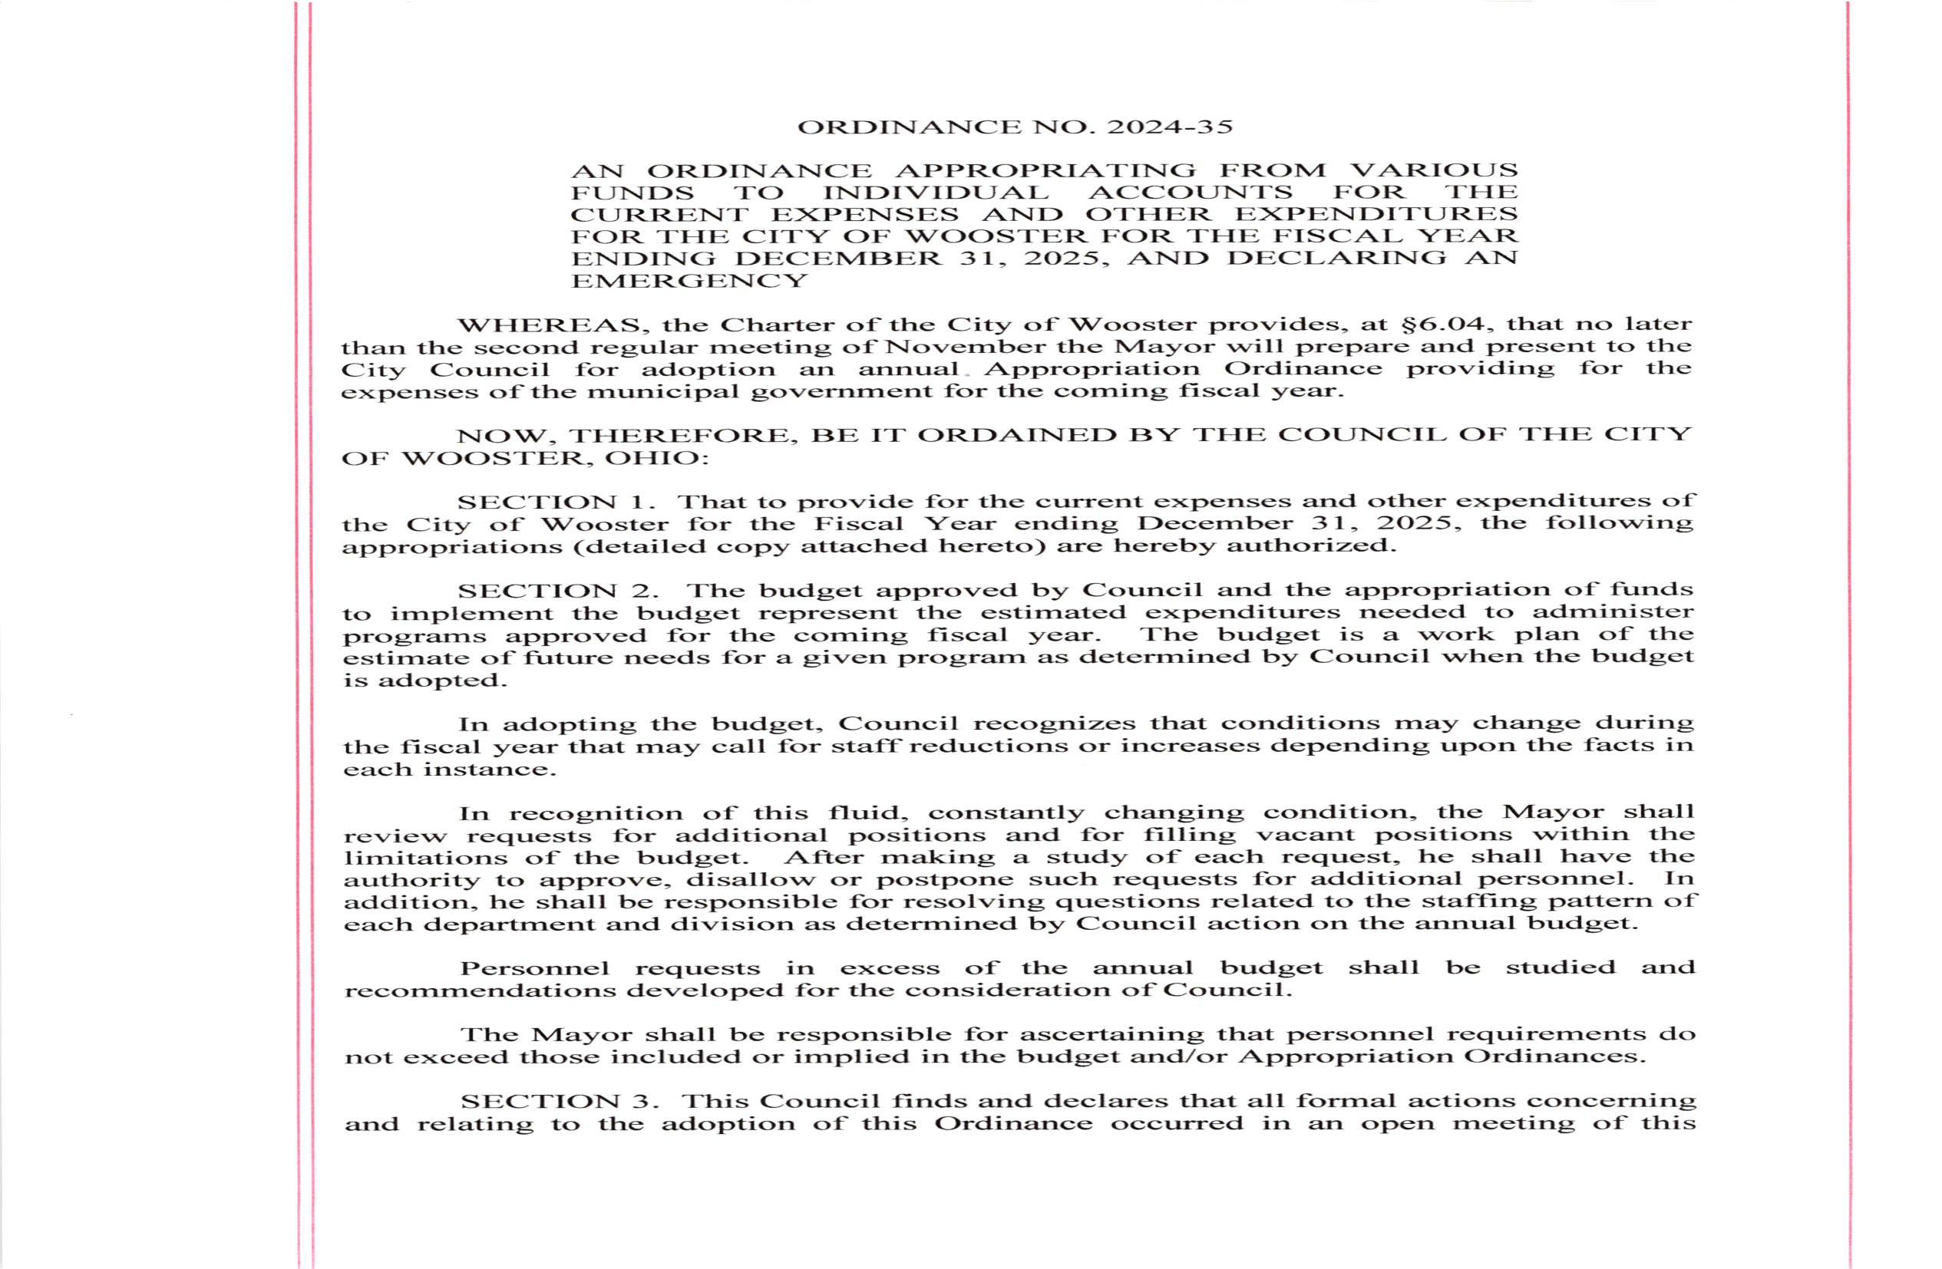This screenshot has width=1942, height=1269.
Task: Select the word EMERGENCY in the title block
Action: click(x=689, y=282)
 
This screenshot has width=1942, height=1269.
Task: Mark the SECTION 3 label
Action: click(x=559, y=1101)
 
